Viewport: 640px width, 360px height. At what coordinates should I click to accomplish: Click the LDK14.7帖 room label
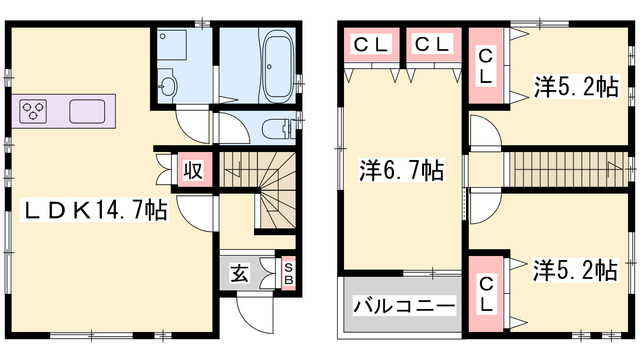[94, 210]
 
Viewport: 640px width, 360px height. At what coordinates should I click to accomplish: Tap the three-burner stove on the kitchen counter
[33, 112]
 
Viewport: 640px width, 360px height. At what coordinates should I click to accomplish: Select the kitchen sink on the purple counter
[87, 112]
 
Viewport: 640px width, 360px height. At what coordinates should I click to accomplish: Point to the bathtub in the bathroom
[278, 66]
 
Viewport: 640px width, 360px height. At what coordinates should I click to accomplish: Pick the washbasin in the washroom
[167, 86]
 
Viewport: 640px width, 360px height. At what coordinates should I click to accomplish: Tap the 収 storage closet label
[193, 170]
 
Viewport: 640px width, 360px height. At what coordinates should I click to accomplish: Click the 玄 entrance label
[240, 273]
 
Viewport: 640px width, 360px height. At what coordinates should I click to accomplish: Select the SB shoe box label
[288, 274]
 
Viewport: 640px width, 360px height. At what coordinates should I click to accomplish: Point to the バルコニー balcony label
[404, 306]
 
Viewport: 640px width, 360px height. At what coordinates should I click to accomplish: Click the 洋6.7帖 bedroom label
[402, 170]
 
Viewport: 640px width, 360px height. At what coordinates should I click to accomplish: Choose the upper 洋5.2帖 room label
[576, 86]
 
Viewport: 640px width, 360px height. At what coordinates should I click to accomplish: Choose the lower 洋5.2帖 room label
[576, 270]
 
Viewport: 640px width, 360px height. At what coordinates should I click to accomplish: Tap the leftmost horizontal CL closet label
[371, 45]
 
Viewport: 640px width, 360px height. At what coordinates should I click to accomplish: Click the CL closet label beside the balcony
[486, 294]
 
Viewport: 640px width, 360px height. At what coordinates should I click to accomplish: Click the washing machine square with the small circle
[172, 45]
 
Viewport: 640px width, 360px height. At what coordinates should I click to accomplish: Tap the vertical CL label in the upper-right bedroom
[486, 66]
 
